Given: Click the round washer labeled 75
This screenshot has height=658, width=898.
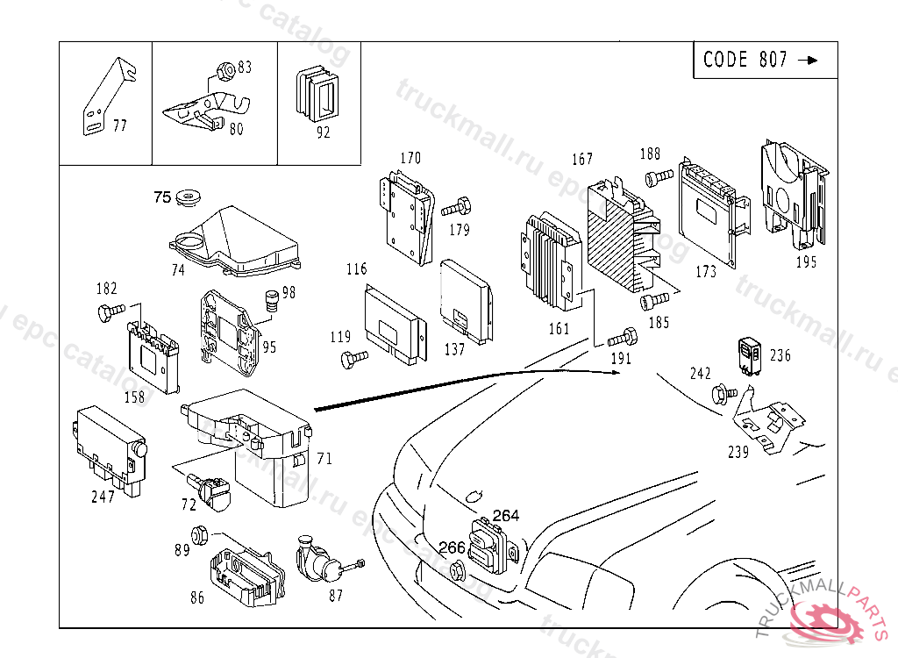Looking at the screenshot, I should click(x=186, y=198).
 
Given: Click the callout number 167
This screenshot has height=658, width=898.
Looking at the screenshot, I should click(x=582, y=159).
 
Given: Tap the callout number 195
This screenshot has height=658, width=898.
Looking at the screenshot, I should click(x=806, y=261).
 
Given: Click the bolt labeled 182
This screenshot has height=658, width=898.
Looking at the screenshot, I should click(x=110, y=310).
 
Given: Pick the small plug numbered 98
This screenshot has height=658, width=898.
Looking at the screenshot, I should click(x=271, y=300).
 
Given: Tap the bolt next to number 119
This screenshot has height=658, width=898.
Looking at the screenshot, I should click(x=353, y=357).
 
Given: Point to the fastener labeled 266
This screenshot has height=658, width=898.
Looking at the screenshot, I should click(x=456, y=571).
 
